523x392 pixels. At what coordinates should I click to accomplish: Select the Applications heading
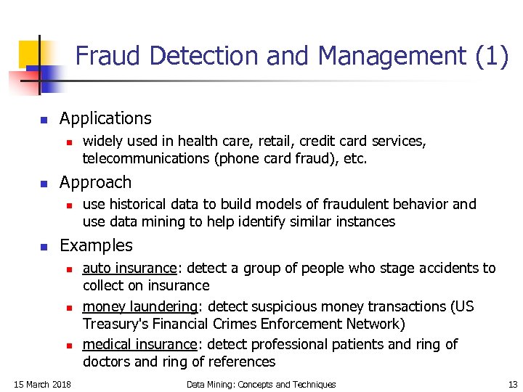(x=105, y=118)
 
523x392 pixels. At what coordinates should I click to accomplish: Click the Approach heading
(x=95, y=182)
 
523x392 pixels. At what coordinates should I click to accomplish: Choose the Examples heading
(x=96, y=246)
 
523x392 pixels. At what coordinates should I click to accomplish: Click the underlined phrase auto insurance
(x=129, y=269)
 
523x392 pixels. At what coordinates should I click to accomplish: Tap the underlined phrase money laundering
(x=139, y=306)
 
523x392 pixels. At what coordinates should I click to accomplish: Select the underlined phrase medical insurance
(x=139, y=344)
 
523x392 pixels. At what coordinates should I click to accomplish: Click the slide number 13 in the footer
(x=513, y=384)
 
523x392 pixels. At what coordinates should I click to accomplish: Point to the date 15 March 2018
(x=42, y=384)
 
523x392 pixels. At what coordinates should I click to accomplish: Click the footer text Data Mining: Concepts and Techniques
(x=261, y=384)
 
